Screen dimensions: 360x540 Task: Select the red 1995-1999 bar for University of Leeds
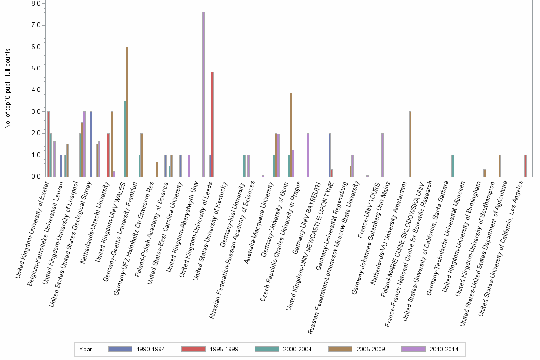point(212,124)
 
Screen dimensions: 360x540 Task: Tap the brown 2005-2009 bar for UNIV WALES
point(127,112)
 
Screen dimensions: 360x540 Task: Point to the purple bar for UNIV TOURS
point(382,155)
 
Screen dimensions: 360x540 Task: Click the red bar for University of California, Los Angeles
point(525,166)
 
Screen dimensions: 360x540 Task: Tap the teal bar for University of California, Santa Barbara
point(453,166)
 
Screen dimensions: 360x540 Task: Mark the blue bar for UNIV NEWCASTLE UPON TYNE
point(330,155)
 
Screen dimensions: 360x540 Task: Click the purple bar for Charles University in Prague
point(308,155)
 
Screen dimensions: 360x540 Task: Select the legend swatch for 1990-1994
point(120,349)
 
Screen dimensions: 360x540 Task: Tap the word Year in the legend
point(86,349)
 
